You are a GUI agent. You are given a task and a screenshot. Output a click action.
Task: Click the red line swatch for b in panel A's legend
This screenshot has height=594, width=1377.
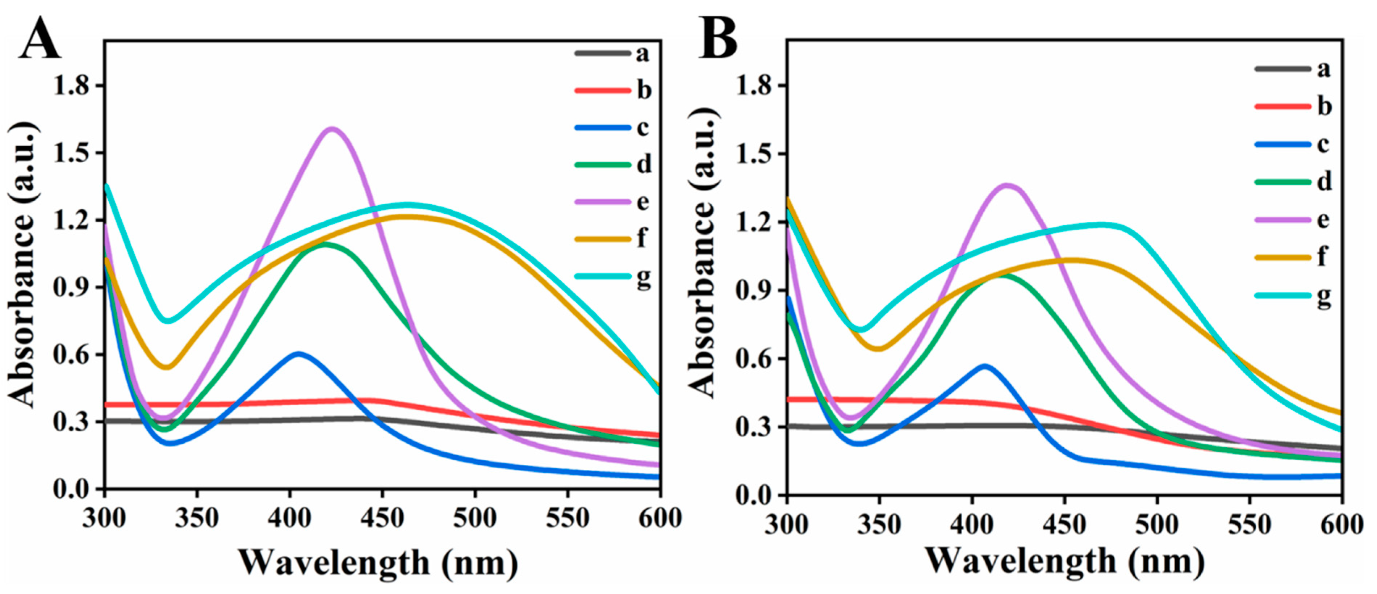pos(602,90)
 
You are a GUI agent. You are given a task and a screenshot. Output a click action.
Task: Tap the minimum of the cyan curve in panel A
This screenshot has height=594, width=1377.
pos(168,321)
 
